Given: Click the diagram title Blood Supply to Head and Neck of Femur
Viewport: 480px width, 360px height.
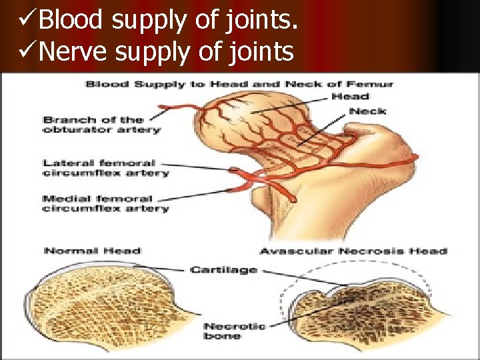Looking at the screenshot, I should pyautogui.click(x=239, y=84).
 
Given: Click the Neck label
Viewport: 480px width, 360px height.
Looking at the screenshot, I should pyautogui.click(x=367, y=111).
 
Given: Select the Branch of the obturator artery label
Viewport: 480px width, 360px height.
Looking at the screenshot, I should pyautogui.click(x=101, y=125).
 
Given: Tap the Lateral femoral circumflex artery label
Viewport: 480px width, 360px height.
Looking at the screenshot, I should pyautogui.click(x=105, y=168).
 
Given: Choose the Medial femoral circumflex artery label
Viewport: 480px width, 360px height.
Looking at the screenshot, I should pyautogui.click(x=105, y=204).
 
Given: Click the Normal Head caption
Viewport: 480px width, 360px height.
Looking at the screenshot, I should pyautogui.click(x=92, y=251).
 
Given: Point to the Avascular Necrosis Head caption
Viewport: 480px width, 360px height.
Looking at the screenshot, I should pyautogui.click(x=353, y=251).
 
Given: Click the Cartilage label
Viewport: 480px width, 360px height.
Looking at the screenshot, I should pyautogui.click(x=223, y=269).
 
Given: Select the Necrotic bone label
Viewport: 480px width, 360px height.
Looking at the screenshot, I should pyautogui.click(x=234, y=331).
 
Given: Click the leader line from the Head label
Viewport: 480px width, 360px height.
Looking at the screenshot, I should pyautogui.click(x=293, y=103).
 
